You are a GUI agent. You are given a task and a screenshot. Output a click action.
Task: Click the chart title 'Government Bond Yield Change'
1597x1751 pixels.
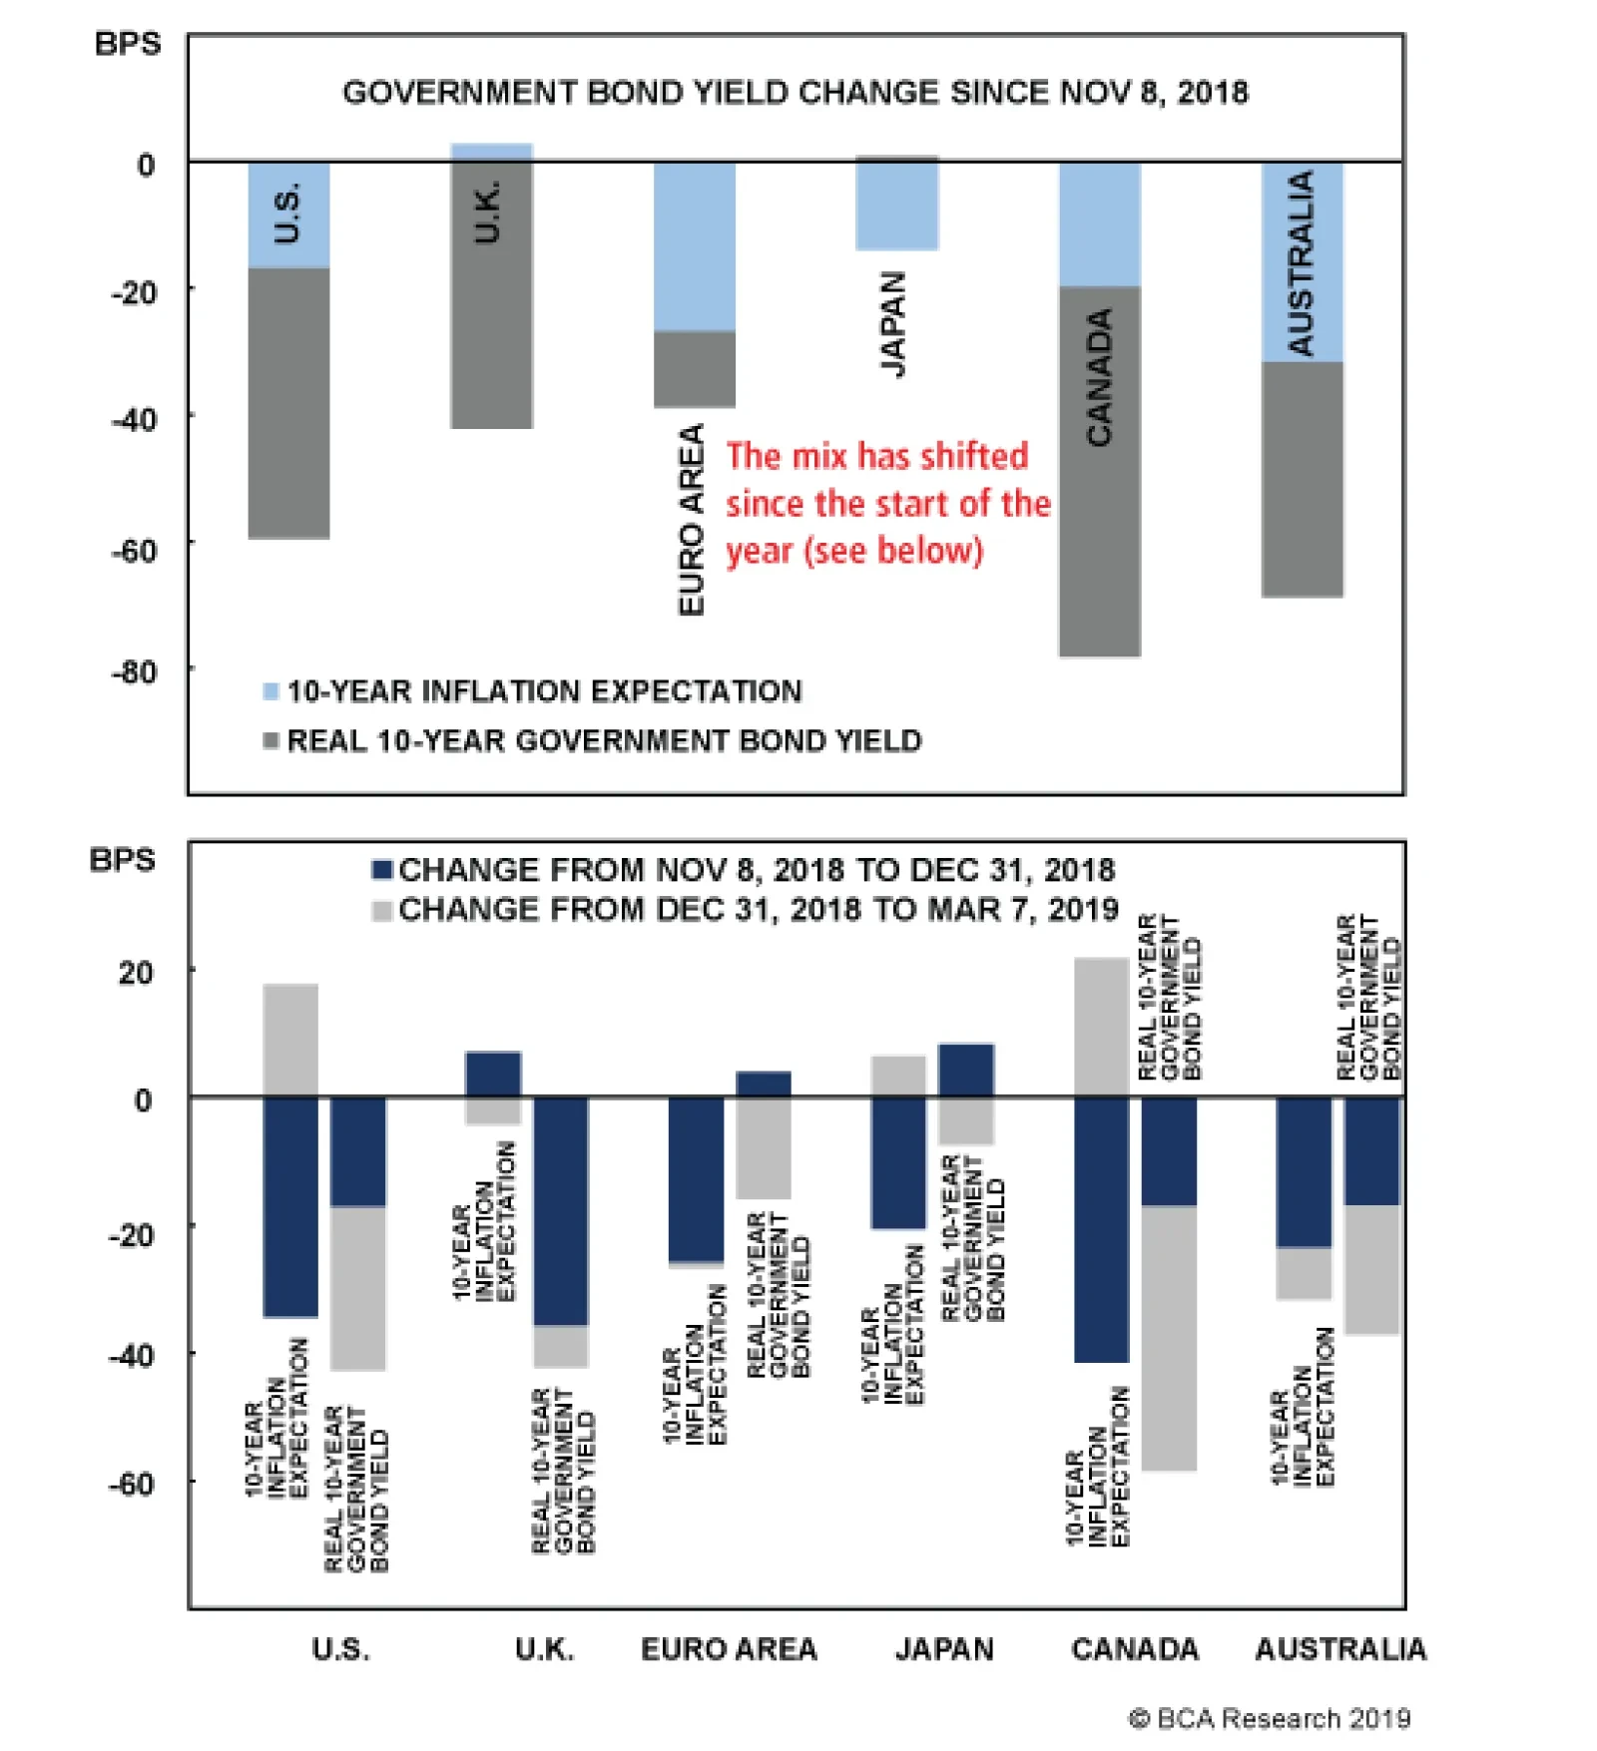795,93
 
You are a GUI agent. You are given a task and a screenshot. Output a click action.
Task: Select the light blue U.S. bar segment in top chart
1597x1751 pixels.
288,215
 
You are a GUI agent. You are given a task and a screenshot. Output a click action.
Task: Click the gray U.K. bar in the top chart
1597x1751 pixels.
491,299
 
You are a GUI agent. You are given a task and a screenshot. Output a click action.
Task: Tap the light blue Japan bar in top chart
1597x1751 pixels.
896,205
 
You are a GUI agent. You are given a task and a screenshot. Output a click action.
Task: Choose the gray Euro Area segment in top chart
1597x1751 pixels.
695,369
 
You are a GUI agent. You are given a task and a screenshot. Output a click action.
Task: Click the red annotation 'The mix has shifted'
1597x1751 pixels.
876,456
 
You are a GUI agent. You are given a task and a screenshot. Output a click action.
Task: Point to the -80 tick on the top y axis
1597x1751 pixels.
135,672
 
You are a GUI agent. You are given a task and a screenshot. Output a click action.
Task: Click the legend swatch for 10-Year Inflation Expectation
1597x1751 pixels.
270,691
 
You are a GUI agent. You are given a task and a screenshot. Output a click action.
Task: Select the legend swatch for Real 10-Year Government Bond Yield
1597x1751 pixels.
270,740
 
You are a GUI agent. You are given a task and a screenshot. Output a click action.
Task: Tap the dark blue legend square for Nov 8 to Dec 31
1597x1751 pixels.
381,870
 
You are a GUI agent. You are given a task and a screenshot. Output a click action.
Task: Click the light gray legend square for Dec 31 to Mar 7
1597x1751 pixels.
381,910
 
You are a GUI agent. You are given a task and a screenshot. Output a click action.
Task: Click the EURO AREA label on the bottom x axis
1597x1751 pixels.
729,1649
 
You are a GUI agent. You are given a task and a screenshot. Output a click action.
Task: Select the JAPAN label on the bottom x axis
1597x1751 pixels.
944,1649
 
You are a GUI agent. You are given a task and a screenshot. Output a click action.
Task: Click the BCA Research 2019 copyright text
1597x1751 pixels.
1269,1718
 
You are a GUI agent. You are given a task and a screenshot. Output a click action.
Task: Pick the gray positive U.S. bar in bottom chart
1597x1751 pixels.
290,1040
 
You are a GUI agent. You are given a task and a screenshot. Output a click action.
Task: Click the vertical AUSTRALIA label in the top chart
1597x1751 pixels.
1301,262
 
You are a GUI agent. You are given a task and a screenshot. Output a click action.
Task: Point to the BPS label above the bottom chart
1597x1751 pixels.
123,860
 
